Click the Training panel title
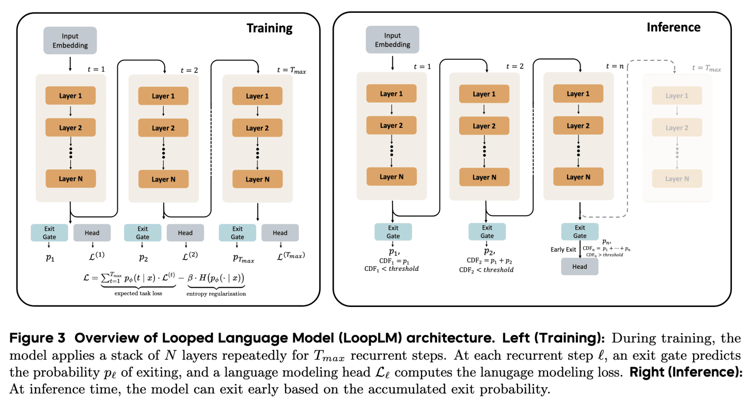point(269,28)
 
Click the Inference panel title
point(673,27)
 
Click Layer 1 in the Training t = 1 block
point(71,96)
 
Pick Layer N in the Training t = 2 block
point(163,180)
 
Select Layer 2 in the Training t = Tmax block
point(257,128)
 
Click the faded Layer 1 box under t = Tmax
point(677,96)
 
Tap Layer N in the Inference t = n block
point(578,177)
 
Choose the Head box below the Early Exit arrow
point(579,267)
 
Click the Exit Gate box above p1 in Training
point(50,233)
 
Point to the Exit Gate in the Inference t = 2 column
point(487,232)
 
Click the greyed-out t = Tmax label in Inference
point(707,69)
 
